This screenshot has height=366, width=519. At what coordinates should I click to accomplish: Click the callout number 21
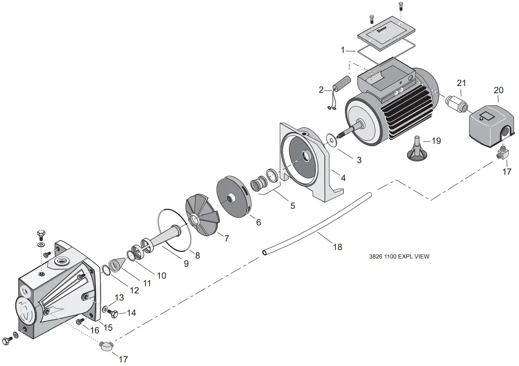click(461, 83)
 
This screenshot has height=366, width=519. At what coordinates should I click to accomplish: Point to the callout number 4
click(343, 178)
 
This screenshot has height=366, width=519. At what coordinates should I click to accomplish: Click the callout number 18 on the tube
click(337, 246)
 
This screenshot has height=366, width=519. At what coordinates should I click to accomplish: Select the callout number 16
click(94, 330)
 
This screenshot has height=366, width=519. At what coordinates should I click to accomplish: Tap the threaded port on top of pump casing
click(59, 261)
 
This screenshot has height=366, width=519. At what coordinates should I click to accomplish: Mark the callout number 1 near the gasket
click(343, 51)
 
